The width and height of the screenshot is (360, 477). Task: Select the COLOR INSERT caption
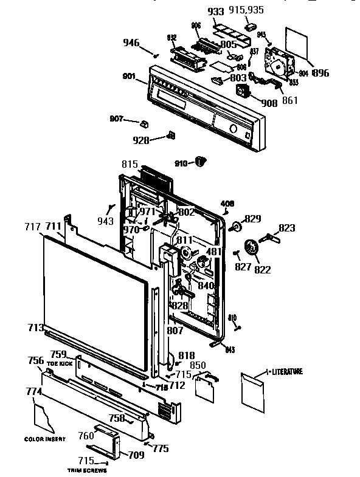pyautogui.click(x=41, y=439)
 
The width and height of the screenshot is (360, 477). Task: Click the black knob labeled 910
pyautogui.click(x=201, y=160)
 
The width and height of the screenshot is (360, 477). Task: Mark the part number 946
pyautogui.click(x=131, y=43)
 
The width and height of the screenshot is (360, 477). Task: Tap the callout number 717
pyautogui.click(x=32, y=227)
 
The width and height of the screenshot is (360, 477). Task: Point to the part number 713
pyautogui.click(x=35, y=328)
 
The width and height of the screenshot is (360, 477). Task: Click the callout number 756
pyautogui.click(x=36, y=360)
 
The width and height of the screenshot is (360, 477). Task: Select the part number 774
pyautogui.click(x=33, y=393)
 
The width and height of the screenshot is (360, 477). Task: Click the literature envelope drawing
pyautogui.click(x=253, y=390)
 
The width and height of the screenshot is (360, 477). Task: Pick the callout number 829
pyautogui.click(x=252, y=218)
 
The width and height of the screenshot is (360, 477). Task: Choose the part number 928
pyautogui.click(x=140, y=140)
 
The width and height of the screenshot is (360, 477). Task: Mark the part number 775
pyautogui.click(x=161, y=448)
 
